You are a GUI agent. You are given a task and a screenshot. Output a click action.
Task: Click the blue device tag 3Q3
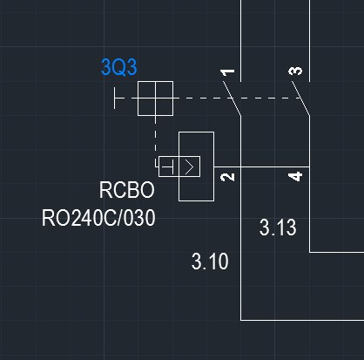(119, 67)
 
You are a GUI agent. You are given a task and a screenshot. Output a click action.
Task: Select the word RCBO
(127, 190)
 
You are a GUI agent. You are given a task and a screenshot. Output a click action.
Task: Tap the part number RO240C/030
(98, 218)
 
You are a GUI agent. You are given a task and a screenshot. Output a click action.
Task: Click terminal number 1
(227, 72)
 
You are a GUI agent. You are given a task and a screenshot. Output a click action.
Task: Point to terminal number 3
(295, 71)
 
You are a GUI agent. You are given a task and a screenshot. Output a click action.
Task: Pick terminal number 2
(227, 177)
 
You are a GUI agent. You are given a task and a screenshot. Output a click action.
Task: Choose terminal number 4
(295, 177)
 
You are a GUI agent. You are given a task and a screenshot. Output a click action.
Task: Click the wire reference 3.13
(278, 228)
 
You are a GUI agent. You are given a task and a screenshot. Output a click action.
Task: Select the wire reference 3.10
(210, 262)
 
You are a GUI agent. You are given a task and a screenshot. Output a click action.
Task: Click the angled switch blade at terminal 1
(232, 98)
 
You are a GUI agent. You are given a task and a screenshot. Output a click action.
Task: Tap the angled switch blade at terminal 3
(300, 98)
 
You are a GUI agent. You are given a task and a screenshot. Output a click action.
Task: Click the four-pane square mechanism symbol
(155, 98)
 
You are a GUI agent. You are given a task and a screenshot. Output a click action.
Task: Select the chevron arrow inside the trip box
(189, 166)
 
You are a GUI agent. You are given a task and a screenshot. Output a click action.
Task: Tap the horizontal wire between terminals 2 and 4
(262, 167)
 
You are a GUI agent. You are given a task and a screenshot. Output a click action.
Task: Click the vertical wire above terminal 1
(240, 41)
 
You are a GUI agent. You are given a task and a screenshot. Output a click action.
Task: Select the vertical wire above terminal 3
(309, 41)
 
